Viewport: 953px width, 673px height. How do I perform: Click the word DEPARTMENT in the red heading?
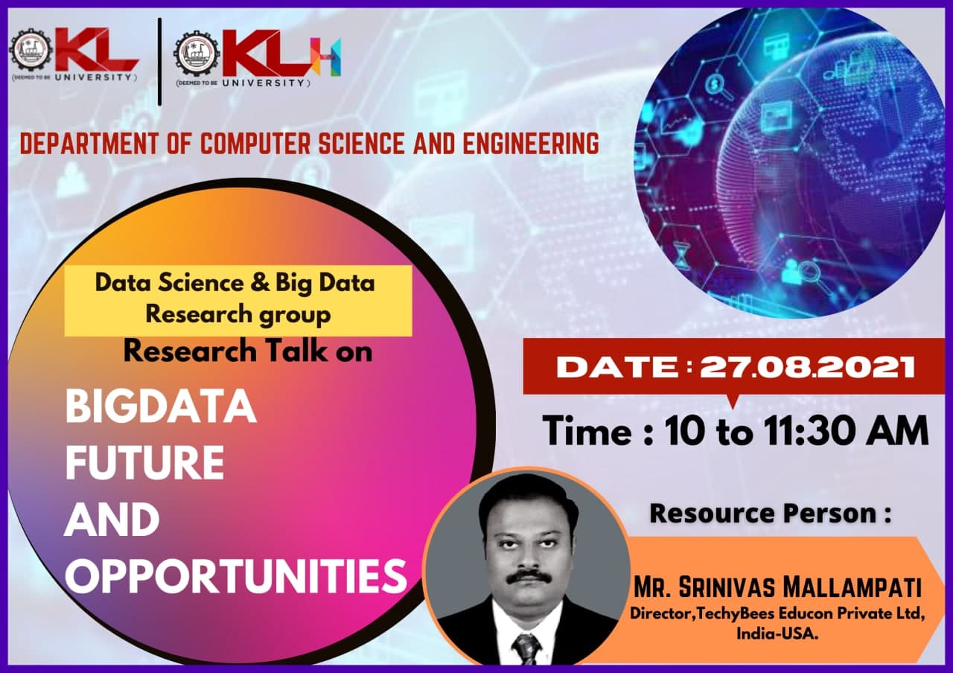point(89,144)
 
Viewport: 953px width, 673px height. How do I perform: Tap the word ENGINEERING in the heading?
point(531,144)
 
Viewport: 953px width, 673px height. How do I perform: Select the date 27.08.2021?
point(807,367)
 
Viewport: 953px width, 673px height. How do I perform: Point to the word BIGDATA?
point(160,406)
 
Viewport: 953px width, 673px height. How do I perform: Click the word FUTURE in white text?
point(144,463)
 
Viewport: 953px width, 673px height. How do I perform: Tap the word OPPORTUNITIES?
point(236,576)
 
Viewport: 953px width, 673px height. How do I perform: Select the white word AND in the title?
point(112,520)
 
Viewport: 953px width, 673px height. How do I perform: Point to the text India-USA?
point(777,634)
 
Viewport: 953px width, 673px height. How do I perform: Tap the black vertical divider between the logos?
point(159,62)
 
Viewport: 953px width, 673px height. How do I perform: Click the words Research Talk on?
point(248,351)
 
